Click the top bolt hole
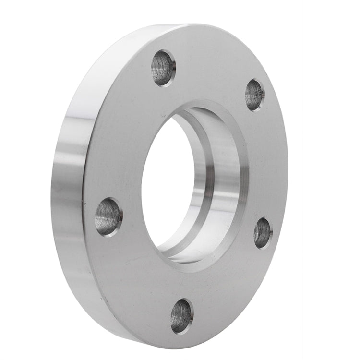click(163, 68)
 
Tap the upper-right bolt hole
click(255, 95)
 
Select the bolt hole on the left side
click(108, 216)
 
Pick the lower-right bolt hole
click(262, 233)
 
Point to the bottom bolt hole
click(181, 315)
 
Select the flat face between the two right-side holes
click(269, 163)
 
